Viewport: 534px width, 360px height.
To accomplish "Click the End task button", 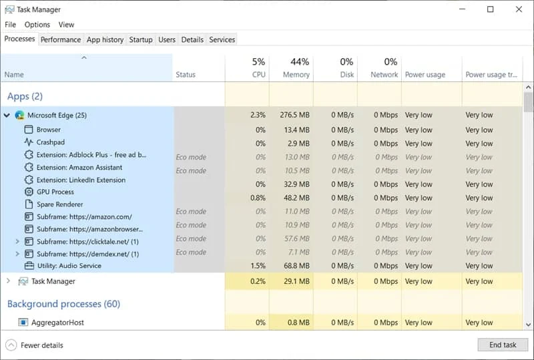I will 502,345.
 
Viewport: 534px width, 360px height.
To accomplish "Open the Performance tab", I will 61,39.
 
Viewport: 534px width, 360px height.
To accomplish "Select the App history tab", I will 105,39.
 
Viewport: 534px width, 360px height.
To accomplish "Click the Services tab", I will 222,39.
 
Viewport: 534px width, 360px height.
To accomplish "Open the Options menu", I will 37,25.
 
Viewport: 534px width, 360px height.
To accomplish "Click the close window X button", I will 519,9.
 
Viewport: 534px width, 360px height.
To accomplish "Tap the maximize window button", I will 491,9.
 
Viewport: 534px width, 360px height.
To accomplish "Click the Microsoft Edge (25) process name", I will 57,116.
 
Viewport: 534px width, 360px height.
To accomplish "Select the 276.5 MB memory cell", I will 294,116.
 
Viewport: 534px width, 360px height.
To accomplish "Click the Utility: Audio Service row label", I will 69,266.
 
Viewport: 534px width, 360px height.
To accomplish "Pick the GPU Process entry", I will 55,192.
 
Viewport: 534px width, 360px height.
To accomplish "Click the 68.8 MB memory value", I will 296,266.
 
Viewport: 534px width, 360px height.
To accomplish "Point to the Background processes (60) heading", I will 63,304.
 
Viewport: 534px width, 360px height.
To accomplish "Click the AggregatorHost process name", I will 57,323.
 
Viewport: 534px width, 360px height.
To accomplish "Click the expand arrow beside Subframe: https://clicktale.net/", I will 17,241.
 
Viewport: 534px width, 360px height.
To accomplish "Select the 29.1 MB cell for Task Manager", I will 296,281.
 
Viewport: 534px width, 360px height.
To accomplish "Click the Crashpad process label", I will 51,142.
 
